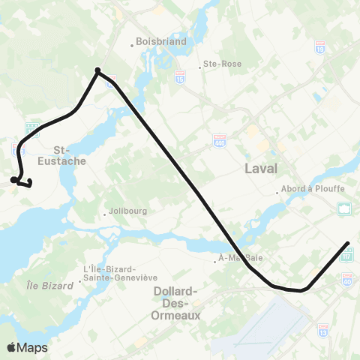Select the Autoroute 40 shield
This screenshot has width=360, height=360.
point(346,280)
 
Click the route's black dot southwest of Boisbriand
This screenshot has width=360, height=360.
point(97,71)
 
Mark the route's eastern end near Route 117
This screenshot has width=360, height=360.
point(347,243)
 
